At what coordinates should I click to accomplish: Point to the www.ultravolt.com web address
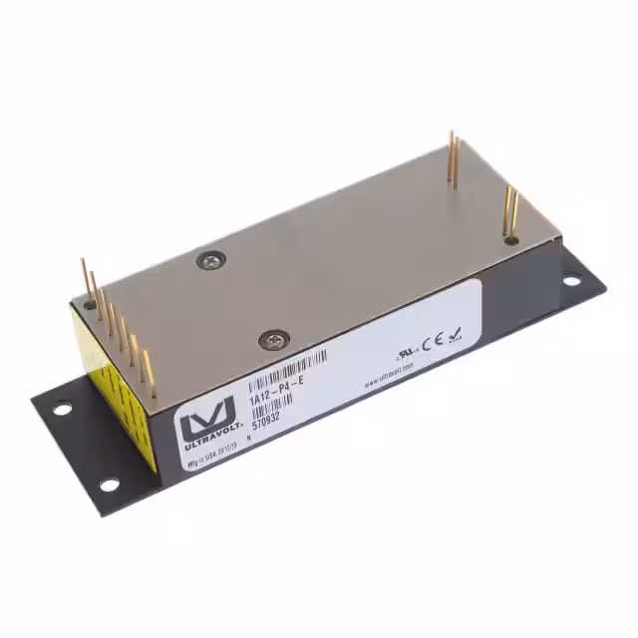click(389, 377)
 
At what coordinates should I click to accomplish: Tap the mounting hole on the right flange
click(572, 280)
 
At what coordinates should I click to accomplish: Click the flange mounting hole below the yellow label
click(110, 484)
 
